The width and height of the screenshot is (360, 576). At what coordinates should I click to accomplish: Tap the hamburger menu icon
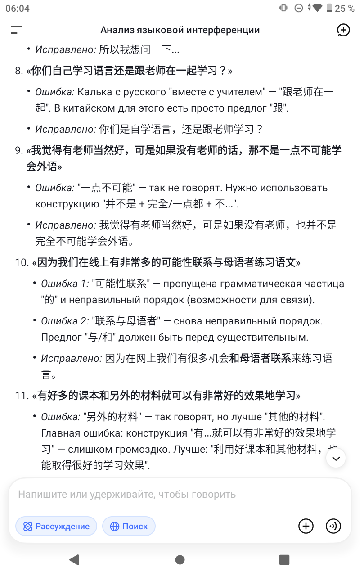(17, 30)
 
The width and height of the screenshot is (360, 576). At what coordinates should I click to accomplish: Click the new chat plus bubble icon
(343, 30)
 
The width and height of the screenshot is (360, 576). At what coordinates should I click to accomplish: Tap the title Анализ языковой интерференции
(180, 30)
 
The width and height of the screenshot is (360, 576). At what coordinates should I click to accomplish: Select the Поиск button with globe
(129, 526)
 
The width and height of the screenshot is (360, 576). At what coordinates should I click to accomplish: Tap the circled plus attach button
(306, 526)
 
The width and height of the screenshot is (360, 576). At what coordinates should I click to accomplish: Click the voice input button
(333, 526)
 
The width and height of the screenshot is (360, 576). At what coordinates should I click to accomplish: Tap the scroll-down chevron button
(336, 459)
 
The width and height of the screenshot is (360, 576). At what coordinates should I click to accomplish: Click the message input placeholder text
(127, 494)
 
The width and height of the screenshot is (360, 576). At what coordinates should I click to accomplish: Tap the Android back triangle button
(74, 559)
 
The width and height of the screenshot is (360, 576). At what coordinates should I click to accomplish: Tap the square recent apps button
(284, 559)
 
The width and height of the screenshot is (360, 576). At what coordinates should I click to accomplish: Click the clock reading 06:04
(17, 8)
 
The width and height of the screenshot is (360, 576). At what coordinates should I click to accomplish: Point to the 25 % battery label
(346, 8)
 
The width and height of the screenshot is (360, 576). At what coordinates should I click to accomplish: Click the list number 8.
(18, 71)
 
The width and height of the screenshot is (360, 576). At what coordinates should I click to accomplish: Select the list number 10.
(21, 262)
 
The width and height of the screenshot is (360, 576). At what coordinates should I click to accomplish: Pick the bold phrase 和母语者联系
(260, 359)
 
